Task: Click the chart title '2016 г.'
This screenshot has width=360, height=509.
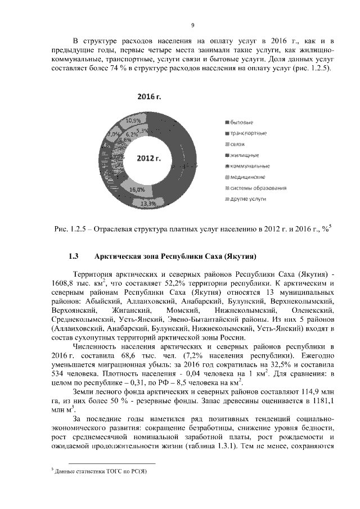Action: [150, 97]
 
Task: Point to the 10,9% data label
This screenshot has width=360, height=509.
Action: [133, 120]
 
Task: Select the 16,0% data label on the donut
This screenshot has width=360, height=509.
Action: [137, 190]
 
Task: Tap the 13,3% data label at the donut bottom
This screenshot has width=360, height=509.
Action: [148, 203]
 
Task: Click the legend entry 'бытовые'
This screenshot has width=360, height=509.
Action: [242, 122]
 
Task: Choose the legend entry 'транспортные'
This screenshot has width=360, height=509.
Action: [248, 133]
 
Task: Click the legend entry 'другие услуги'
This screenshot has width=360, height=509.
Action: [248, 199]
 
